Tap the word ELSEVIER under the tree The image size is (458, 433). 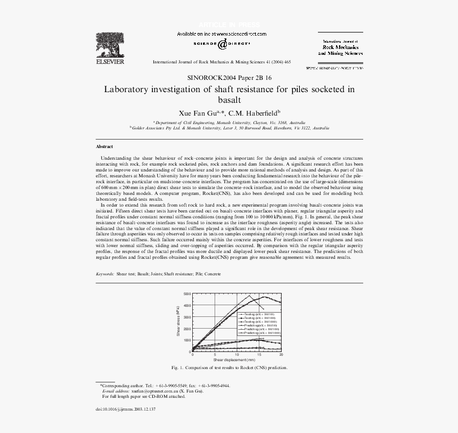[110, 62]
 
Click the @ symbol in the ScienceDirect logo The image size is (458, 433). [222, 44]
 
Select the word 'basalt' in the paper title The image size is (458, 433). [230, 100]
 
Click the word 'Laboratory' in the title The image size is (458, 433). [128, 89]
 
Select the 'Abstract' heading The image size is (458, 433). [104, 146]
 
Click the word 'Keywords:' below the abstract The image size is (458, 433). [105, 274]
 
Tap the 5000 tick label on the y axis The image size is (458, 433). [186, 294]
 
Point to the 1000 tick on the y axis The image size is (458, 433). [186, 340]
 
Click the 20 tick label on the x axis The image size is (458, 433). [281, 355]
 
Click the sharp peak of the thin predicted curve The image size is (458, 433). [249, 296]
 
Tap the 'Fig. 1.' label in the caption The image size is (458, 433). [177, 367]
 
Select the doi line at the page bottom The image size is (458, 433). [126, 409]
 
